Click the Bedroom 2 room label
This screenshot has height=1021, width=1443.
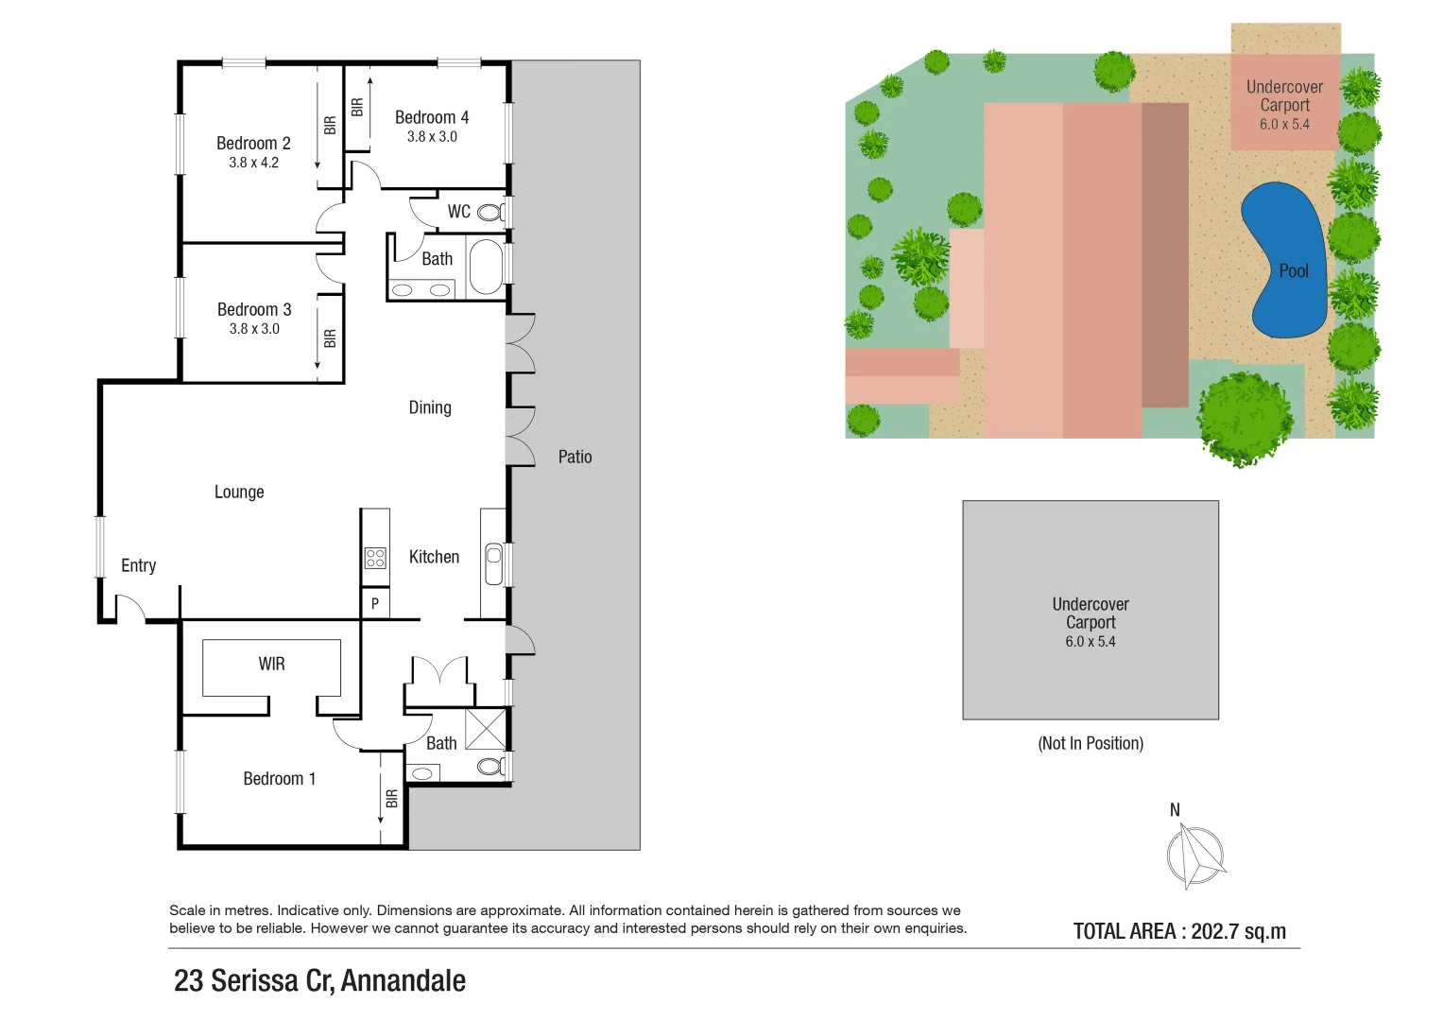pos(253,144)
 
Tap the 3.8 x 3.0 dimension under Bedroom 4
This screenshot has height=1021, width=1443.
pos(432,137)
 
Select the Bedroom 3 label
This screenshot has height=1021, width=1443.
pos(254,310)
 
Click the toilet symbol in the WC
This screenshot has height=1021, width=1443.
pos(491,212)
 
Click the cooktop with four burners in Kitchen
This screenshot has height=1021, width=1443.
pos(375,558)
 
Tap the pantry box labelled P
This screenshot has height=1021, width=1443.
pos(375,603)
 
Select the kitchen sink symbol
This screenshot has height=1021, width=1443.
pos(493,563)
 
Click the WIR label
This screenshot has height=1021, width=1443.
pos(271,665)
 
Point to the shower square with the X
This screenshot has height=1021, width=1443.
pos(486,728)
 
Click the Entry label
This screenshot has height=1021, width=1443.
pos(138,565)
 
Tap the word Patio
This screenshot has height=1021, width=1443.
pos(575,457)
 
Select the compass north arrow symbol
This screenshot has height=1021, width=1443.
pos(1194,856)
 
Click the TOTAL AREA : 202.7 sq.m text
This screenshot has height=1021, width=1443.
pos(1179,931)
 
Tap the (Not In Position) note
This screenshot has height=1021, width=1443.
pos(1091,743)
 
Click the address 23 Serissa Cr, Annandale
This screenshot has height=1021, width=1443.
pos(319,980)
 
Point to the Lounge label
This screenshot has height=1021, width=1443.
pos(239,492)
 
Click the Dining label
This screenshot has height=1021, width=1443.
pos(430,407)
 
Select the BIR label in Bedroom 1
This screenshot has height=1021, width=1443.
pos(392,799)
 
